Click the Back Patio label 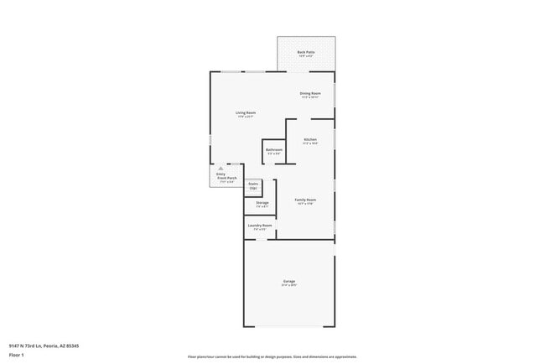(x=306, y=52)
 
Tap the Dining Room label (x=310, y=93)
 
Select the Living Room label (x=245, y=112)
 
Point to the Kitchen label (x=310, y=139)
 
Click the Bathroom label (x=274, y=150)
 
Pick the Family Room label (x=305, y=200)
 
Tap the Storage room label (x=262, y=202)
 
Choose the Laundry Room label (x=260, y=225)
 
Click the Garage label (x=288, y=281)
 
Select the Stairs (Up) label (x=253, y=185)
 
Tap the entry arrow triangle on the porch (x=221, y=169)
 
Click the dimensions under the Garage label (x=288, y=285)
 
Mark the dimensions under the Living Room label (x=245, y=117)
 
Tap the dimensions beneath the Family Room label (x=305, y=204)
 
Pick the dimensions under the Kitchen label (x=310, y=143)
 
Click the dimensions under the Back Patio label (x=306, y=56)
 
